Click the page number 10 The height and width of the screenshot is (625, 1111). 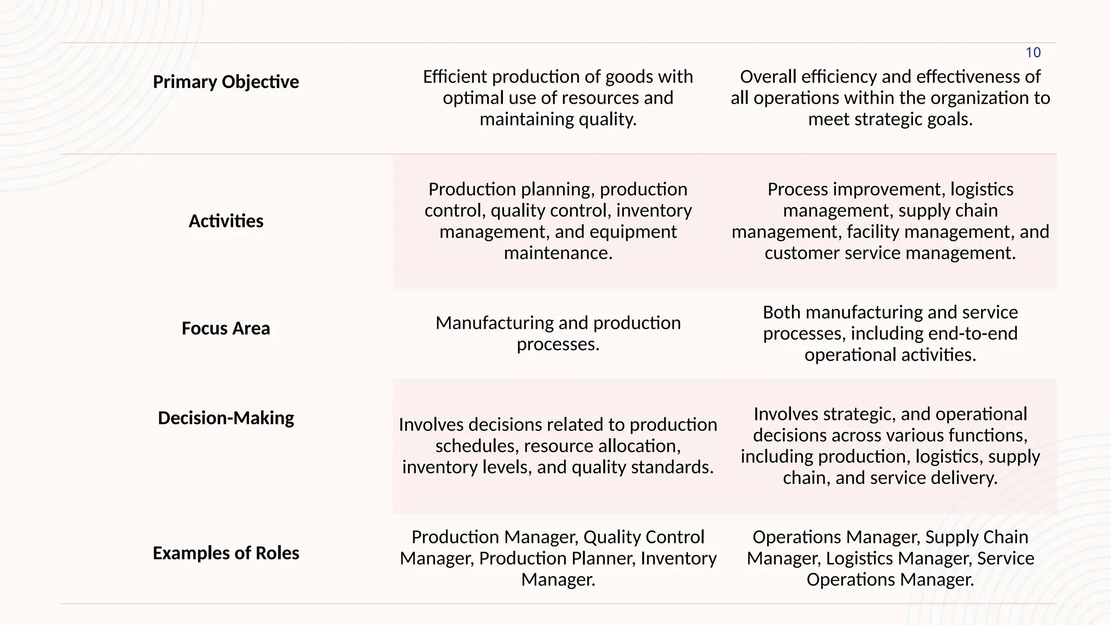1033,53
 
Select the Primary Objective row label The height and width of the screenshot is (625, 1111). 226,82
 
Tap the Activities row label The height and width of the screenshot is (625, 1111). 226,221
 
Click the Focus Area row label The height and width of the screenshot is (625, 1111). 226,329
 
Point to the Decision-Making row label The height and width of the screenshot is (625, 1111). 226,418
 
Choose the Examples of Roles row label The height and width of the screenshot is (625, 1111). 226,553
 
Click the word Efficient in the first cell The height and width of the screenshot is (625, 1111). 455,77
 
